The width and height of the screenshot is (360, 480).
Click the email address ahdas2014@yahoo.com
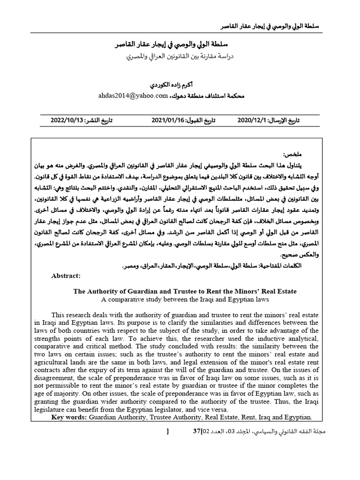coord(133,96)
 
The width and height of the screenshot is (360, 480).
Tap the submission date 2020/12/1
coord(253,120)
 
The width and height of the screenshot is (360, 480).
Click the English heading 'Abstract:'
coord(66,276)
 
